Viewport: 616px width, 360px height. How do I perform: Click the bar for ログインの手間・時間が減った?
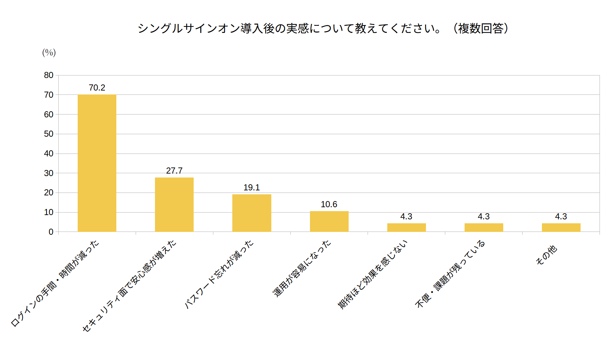pyautogui.click(x=97, y=163)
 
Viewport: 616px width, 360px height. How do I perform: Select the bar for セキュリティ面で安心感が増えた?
pyautogui.click(x=174, y=205)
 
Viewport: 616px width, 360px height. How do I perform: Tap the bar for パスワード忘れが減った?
pyautogui.click(x=252, y=213)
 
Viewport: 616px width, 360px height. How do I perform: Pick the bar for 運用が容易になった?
pyautogui.click(x=329, y=222)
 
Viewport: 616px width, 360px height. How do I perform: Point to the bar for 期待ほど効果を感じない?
pyautogui.click(x=407, y=228)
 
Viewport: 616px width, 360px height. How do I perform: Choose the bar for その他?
pyautogui.click(x=561, y=228)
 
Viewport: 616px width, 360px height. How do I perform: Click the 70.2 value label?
pyautogui.click(x=97, y=88)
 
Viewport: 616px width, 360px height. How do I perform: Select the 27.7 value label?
pyautogui.click(x=174, y=171)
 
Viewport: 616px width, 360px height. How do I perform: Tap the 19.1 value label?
pyautogui.click(x=252, y=188)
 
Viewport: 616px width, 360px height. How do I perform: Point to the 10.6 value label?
pyautogui.click(x=329, y=204)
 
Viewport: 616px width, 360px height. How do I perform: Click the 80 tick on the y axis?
pyautogui.click(x=49, y=75)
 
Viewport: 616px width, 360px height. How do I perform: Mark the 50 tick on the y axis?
pyautogui.click(x=49, y=134)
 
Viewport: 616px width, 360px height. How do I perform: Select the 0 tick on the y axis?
pyautogui.click(x=51, y=232)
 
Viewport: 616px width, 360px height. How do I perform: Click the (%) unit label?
pyautogui.click(x=49, y=53)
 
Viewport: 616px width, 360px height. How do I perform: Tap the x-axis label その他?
pyautogui.click(x=547, y=255)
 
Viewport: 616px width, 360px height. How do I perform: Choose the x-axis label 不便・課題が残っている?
pyautogui.click(x=450, y=274)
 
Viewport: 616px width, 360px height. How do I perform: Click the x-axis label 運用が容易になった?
pyautogui.click(x=302, y=268)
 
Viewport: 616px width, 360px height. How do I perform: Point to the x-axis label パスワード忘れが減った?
pyautogui.click(x=219, y=274)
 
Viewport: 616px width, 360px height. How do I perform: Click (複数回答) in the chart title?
pyautogui.click(x=481, y=28)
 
